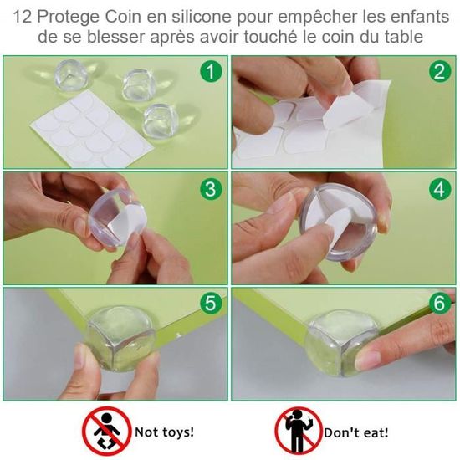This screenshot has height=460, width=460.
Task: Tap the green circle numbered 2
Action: click(x=439, y=72)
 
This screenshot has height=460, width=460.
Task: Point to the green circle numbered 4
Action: click(x=439, y=187)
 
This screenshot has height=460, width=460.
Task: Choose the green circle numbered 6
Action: click(x=439, y=303)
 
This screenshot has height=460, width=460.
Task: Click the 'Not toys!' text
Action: click(x=163, y=432)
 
